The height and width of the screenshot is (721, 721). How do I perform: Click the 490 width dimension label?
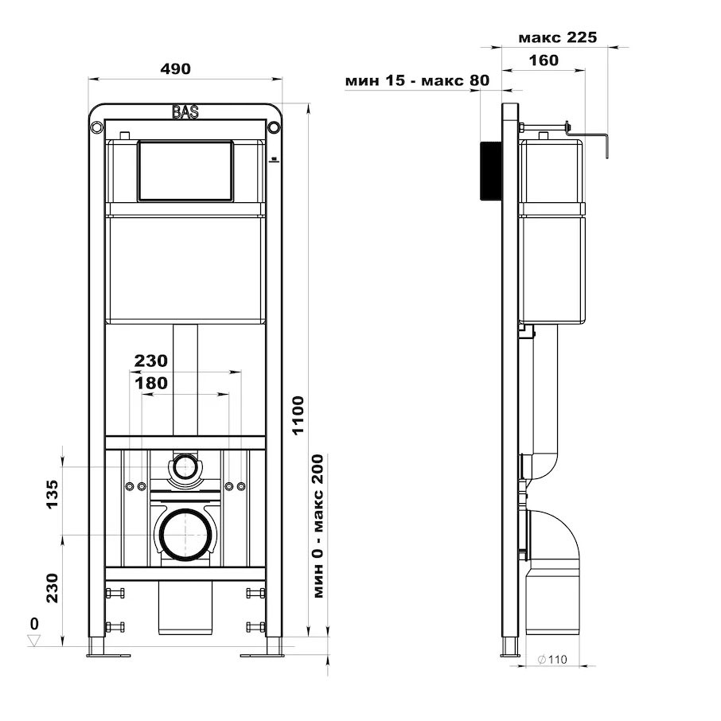pos(175,68)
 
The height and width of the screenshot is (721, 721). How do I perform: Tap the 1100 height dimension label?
pos(298,415)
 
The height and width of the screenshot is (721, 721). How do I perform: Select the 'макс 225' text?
pos(557,37)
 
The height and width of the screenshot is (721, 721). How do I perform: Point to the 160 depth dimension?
pos(544,60)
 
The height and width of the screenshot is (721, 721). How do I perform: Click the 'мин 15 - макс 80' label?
pos(417,80)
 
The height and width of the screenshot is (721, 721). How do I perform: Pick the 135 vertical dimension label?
pos(53,494)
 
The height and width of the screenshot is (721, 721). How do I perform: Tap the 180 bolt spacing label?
pos(151,383)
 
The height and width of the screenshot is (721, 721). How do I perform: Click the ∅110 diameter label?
pos(552,660)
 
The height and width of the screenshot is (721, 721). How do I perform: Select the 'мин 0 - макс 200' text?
pos(318,526)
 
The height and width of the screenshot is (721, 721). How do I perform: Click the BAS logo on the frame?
pos(185,112)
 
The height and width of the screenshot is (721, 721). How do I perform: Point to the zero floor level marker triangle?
pos(33,641)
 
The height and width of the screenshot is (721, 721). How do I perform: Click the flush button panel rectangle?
pos(185,170)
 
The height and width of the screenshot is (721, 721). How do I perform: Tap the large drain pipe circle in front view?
pos(185,536)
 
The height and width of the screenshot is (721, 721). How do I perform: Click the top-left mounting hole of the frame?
pos(97,127)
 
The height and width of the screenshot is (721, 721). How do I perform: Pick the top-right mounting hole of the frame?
pos(274,127)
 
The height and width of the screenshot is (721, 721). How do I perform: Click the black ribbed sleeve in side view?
pos(491,171)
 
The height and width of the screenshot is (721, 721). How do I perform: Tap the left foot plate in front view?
pos(108,655)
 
